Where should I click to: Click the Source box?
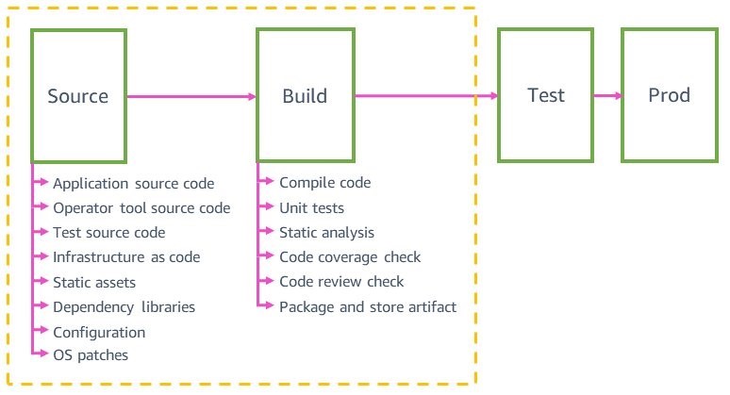tap(78, 95)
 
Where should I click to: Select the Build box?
tap(306, 95)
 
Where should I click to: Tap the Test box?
tap(546, 95)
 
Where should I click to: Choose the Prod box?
tap(669, 95)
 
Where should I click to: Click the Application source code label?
tap(133, 184)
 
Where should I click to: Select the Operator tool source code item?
tap(141, 208)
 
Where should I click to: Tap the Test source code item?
tap(109, 233)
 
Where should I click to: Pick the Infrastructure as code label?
tap(126, 257)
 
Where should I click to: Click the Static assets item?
tap(94, 282)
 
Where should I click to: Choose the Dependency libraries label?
tap(124, 306)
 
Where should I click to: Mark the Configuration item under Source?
tap(99, 332)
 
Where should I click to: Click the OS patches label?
tap(91, 355)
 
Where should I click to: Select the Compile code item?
tap(325, 183)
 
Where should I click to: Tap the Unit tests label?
tap(311, 207)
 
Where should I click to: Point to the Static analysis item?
tap(326, 232)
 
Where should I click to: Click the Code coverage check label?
tap(350, 256)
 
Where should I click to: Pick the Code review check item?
tap(341, 281)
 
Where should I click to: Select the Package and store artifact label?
tap(368, 306)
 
